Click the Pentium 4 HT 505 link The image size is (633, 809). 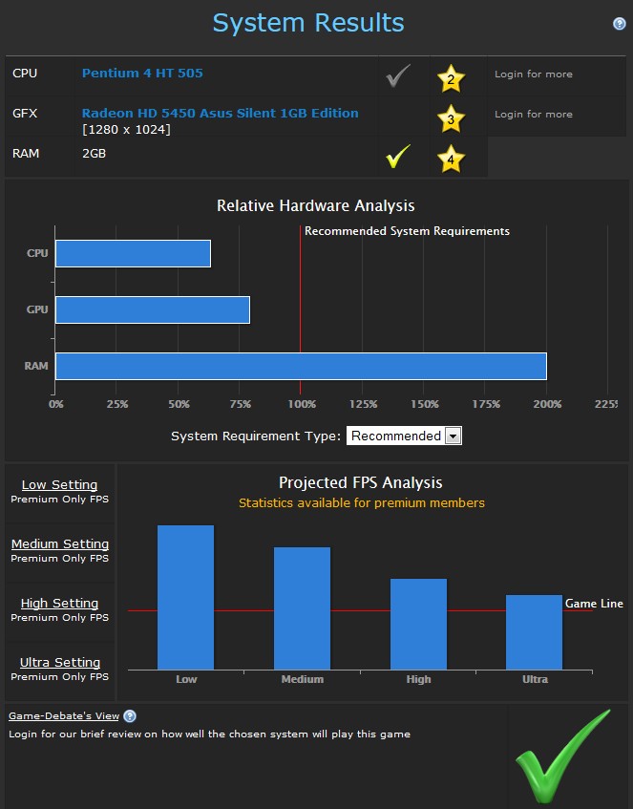coord(142,74)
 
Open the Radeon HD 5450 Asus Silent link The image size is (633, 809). coord(220,113)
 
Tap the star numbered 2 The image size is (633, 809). coord(451,78)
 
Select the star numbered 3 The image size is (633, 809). coord(451,118)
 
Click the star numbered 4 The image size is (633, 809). coord(451,159)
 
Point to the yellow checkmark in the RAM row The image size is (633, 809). coord(398,157)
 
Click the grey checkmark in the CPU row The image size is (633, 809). coord(398,76)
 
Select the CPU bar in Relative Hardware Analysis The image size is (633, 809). coord(133,254)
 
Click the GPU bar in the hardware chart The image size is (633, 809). coord(153,309)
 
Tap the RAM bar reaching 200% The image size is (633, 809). coord(301,366)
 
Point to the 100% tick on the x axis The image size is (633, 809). coord(301,404)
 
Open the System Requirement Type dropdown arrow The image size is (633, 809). coord(454,436)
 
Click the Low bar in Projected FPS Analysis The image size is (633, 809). coord(186,597)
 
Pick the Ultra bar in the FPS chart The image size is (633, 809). coord(535,631)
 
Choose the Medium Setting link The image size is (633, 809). coord(60,544)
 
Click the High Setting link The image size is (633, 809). coord(60,604)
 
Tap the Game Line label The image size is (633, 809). coord(594,604)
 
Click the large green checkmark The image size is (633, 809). coord(561,757)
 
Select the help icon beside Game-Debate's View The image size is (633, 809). coord(130,716)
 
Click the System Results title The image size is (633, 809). coord(308,23)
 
